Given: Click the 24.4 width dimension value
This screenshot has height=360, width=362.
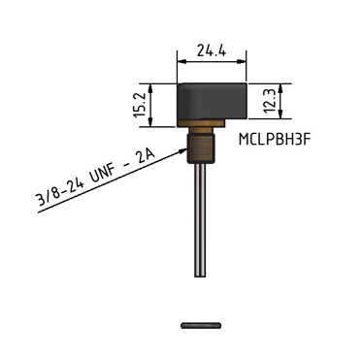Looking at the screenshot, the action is pyautogui.click(x=212, y=50).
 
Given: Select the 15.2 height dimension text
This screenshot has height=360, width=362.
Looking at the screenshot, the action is pyautogui.click(x=141, y=106).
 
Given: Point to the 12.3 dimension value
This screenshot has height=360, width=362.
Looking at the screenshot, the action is pyautogui.click(x=270, y=101).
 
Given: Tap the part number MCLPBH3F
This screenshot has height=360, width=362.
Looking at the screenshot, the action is pyautogui.click(x=275, y=140).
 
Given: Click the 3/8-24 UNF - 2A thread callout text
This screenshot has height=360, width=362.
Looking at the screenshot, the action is pyautogui.click(x=96, y=179).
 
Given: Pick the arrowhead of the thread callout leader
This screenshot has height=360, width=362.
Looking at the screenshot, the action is pyautogui.click(x=184, y=150).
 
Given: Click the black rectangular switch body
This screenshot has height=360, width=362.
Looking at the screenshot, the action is pyautogui.click(x=213, y=102).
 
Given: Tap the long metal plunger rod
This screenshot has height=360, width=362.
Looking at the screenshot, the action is pyautogui.click(x=200, y=220).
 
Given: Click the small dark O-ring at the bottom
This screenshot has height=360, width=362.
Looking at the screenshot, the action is pyautogui.click(x=201, y=325).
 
